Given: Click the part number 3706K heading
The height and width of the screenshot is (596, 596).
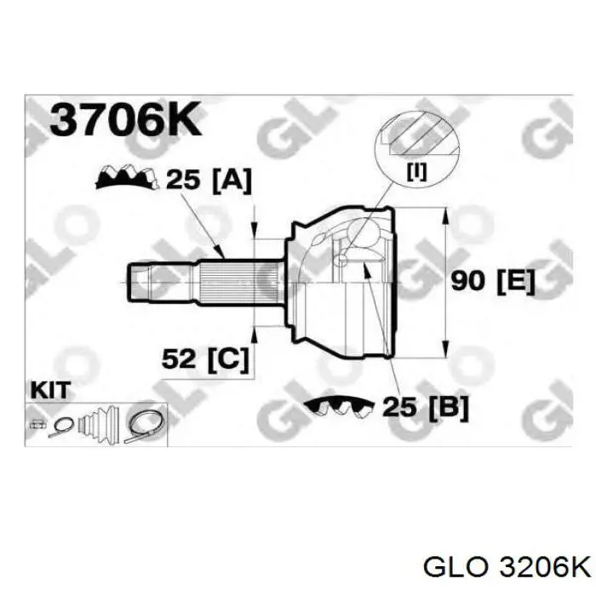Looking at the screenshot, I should click(125, 121).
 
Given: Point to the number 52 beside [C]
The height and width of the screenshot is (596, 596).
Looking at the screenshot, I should click(180, 358).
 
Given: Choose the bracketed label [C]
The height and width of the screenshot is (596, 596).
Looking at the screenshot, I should click(227, 358).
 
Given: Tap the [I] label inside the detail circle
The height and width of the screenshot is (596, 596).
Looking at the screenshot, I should click(417, 171).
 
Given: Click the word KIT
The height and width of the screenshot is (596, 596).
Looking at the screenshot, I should click(50, 390).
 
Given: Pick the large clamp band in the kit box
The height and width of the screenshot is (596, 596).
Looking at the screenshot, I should click(145, 424).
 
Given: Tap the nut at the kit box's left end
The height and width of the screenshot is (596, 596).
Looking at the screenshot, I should click(37, 423).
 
